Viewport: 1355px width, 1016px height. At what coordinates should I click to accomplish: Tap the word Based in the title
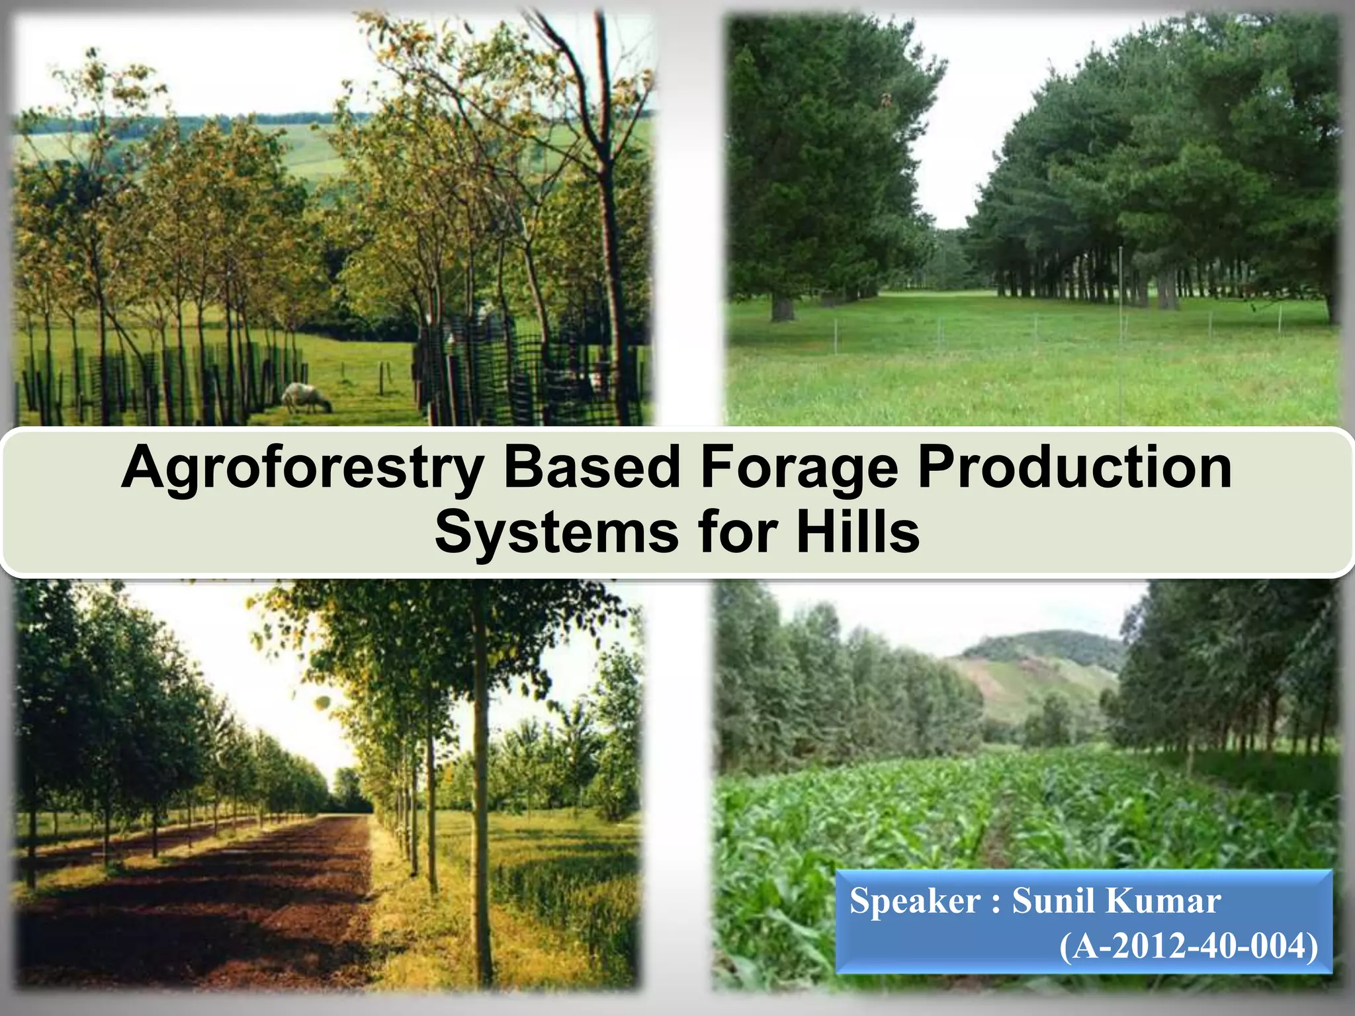(x=591, y=467)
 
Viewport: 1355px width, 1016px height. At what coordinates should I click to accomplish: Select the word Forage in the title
(x=799, y=468)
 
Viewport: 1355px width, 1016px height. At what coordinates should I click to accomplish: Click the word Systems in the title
(x=556, y=532)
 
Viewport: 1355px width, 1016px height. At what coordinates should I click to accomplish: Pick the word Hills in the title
(x=857, y=532)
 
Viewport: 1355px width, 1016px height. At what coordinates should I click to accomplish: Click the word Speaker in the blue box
(x=914, y=902)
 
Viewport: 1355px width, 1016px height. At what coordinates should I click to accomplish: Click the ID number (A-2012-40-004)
(x=1188, y=946)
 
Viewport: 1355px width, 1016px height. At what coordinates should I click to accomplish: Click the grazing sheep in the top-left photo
(x=306, y=398)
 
